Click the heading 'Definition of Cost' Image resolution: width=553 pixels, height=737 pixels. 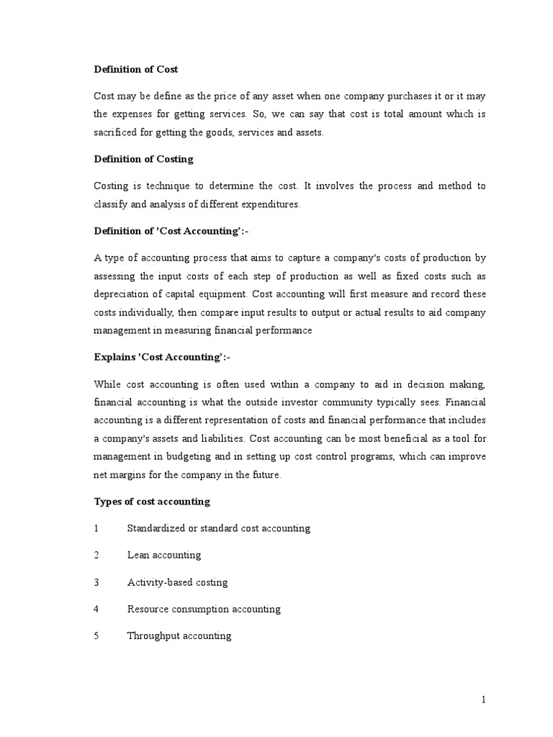pos(136,69)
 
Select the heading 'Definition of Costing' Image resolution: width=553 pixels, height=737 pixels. pos(143,159)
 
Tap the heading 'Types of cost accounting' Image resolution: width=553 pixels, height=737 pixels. pos(152,501)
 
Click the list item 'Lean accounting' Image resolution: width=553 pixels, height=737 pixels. pos(164,555)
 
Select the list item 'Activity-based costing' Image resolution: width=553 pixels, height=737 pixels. pos(177,582)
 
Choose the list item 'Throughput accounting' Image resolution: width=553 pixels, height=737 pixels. pos(179,636)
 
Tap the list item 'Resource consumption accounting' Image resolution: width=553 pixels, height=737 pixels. pos(204,609)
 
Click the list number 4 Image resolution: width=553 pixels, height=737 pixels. pos(96,609)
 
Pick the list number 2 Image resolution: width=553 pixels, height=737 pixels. pos(96,555)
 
